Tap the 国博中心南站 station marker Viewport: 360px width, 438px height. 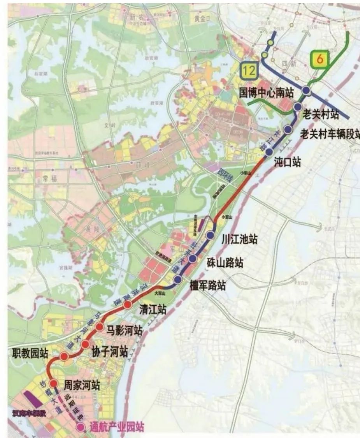pyautogui.click(x=306, y=91)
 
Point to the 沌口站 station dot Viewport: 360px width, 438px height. pyautogui.click(x=269, y=152)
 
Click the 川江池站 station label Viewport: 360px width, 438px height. pyautogui.click(x=239, y=238)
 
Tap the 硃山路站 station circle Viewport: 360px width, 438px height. pyautogui.click(x=192, y=258)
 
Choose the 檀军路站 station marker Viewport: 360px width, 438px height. pyautogui.click(x=178, y=279)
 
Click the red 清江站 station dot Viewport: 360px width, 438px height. pyautogui.click(x=127, y=305)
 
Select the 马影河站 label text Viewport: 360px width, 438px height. pyautogui.click(x=125, y=331)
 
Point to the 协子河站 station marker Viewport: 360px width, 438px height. pyautogui.click(x=86, y=344)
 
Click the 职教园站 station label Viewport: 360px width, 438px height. pyautogui.click(x=30, y=353)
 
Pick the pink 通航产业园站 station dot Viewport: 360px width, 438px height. pyautogui.click(x=81, y=427)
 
